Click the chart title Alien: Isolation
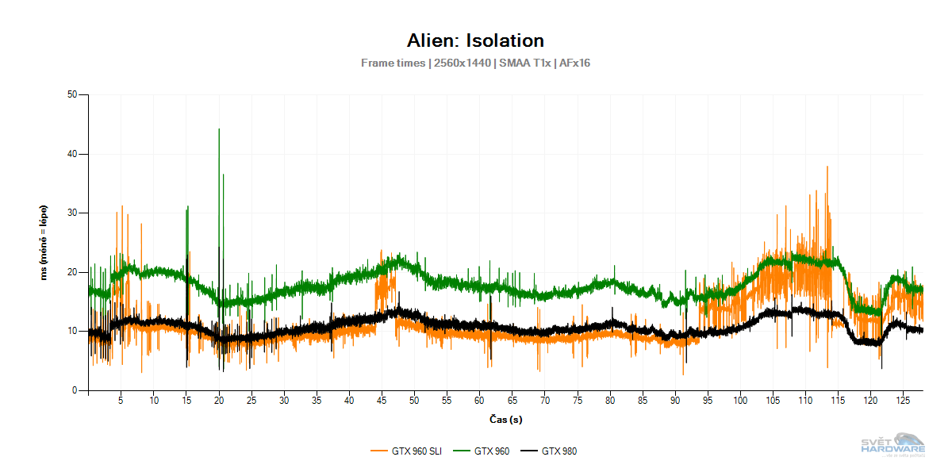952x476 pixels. click(x=475, y=40)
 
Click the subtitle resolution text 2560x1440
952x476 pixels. click(x=461, y=63)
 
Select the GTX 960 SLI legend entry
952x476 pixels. click(x=406, y=451)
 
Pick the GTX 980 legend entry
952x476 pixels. click(x=549, y=451)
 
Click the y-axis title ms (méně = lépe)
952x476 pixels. click(x=45, y=243)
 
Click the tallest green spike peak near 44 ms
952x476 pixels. click(x=219, y=129)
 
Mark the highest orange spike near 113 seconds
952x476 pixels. click(x=827, y=167)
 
